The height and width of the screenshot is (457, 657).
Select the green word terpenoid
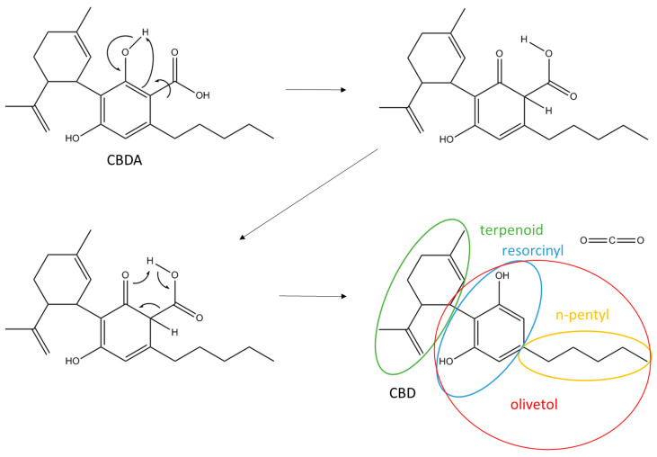point(511,230)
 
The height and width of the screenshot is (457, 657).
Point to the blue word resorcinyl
point(533,249)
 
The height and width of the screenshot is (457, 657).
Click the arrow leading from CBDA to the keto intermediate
point(314,89)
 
